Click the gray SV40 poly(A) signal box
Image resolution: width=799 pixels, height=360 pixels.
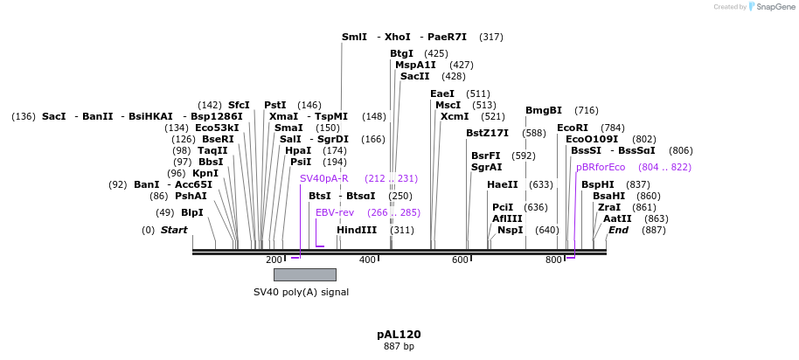coord(304,274)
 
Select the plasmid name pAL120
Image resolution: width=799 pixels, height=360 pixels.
coord(399,335)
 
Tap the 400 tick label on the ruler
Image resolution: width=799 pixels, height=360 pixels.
coord(367,260)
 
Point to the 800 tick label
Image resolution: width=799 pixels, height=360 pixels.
coord(553,260)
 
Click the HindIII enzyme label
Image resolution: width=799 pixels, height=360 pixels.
coord(357,230)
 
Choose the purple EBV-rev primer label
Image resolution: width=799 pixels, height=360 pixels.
coord(335,212)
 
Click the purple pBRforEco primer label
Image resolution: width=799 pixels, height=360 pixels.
coord(601,167)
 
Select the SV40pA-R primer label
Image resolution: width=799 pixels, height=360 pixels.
coord(324,178)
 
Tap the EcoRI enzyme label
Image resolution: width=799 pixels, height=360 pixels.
coord(573,128)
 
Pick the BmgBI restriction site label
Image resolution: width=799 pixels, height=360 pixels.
coord(544,110)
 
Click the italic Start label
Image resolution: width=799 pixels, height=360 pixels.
coord(174,230)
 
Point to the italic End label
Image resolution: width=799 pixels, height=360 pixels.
coord(619,230)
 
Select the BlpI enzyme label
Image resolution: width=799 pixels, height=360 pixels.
coord(191,212)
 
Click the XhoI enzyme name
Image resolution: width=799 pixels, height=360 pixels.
coord(398,38)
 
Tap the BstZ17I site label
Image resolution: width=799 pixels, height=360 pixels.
coord(487,133)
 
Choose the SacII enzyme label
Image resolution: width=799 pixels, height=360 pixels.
coord(415,76)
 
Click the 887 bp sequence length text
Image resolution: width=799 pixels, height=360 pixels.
coord(399,347)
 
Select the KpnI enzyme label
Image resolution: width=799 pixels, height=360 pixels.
coord(205,173)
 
